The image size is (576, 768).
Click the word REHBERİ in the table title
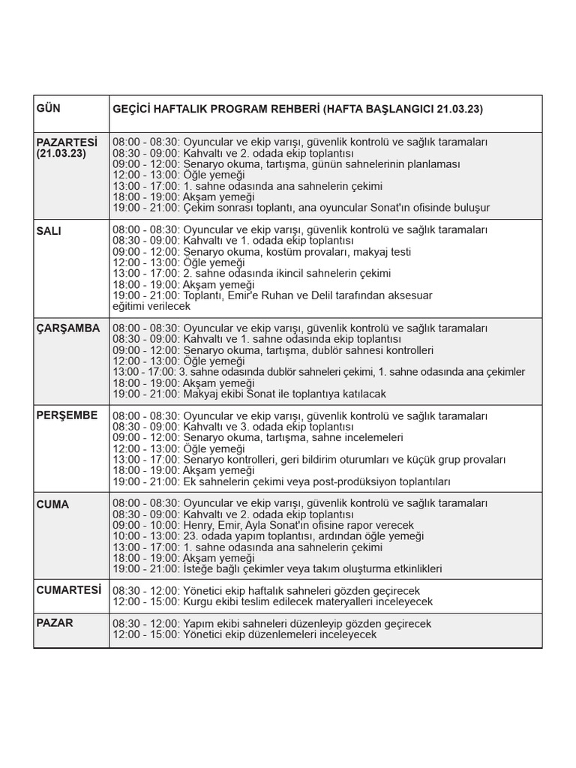click(291, 109)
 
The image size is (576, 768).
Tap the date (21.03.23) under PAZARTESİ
click(61, 153)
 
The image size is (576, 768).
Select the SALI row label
click(49, 231)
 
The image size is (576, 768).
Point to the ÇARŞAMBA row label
click(67, 328)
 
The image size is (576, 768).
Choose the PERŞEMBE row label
click(67, 415)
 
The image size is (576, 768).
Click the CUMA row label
click(52, 504)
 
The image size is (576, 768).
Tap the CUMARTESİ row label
click(68, 590)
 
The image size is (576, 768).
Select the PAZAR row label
click(54, 622)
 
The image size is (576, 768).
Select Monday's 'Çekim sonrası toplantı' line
click(300, 207)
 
